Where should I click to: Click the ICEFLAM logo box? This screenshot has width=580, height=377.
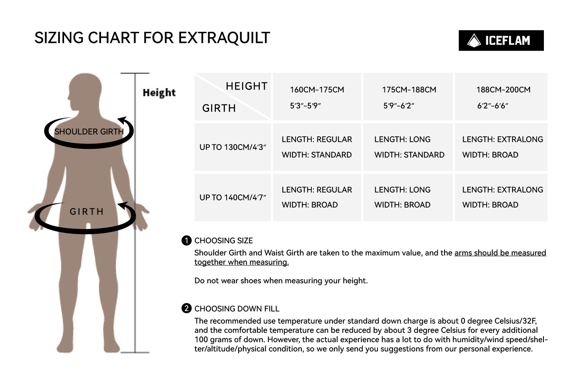pos(501,40)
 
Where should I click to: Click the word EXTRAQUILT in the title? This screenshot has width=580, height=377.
pos(224,38)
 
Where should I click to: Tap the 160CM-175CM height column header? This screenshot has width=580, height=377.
pos(317,97)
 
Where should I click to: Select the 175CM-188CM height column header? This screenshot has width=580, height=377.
pos(408,97)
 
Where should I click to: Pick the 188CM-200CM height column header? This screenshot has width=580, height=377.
pos(501,97)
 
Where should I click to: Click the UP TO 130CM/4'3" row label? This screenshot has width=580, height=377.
pos(233,147)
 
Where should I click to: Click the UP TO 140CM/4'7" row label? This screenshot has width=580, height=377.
pos(233,197)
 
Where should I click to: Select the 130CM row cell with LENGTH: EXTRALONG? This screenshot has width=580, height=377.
pos(501,147)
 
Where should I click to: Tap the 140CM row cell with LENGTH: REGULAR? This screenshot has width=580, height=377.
pos(317,197)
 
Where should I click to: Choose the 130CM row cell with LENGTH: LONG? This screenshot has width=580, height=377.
pos(408,147)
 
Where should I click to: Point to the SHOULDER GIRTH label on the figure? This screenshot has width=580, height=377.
pos(89,132)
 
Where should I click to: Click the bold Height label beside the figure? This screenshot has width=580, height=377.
pos(159,93)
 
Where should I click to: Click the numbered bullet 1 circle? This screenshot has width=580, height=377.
pos(187,241)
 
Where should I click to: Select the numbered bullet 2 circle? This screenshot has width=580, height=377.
pos(187,308)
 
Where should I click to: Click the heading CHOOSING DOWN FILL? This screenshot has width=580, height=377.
pos(237,309)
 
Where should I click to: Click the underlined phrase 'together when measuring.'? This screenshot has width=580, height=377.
pos(242,262)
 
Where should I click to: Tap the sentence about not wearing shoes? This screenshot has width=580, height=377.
pos(281,281)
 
